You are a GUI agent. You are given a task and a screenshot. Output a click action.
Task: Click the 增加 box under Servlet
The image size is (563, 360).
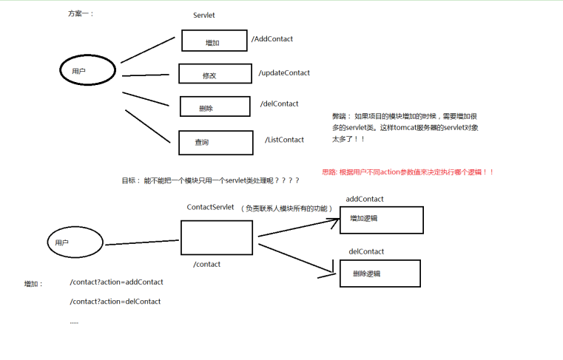coord(214,41)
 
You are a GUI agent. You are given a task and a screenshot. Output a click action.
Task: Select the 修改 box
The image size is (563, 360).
coord(210,75)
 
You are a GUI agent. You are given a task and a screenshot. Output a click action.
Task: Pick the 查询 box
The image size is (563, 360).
coord(211,142)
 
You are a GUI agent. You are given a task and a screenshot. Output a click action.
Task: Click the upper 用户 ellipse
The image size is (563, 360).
coord(87,71)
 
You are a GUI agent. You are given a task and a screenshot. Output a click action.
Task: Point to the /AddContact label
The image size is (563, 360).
coord(272,39)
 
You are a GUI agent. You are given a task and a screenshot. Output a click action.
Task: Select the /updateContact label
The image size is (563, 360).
coord(284,73)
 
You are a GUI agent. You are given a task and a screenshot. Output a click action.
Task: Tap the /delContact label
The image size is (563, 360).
coord(280,104)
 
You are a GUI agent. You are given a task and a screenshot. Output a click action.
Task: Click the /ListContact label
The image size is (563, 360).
coord(284,140)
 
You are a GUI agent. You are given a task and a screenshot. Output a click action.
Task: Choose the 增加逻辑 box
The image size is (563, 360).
coord(380,220)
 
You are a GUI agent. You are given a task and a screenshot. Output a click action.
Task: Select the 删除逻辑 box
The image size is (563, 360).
coord(380,274)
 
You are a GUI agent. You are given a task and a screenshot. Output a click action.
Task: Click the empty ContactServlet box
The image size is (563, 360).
coord(217,237)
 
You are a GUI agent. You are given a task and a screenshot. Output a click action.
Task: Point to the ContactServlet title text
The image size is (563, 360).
coord(210,208)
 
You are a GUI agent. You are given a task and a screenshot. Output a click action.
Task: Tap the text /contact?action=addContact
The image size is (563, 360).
coord(116,282)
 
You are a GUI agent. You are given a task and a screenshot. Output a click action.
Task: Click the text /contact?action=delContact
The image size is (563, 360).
coord(115,302)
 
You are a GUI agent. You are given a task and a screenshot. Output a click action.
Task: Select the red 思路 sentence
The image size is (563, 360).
coord(408,172)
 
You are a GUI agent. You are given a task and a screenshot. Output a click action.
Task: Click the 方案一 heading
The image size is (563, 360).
coord(81,14)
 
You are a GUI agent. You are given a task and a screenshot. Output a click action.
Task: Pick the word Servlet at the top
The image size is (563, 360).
coord(203,15)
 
